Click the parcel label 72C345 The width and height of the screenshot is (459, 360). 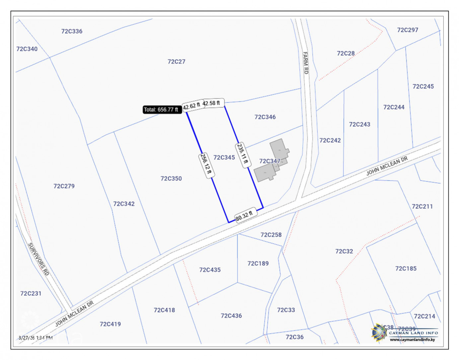(224, 157)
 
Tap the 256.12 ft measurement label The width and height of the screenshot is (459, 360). (206, 165)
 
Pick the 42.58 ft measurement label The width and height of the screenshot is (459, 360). (211, 103)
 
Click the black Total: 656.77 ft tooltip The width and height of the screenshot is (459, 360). (161, 110)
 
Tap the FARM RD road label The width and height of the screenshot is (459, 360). (305, 63)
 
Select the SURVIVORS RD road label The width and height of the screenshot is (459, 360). (38, 259)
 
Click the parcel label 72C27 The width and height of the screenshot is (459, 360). (176, 62)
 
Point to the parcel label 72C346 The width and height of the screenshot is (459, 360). (265, 117)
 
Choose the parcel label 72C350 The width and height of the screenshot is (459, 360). (171, 179)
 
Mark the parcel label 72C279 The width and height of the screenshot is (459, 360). (64, 186)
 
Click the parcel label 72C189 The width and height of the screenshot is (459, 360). (258, 264)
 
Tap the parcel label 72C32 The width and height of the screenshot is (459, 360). (344, 251)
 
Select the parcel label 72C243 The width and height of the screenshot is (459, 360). (359, 125)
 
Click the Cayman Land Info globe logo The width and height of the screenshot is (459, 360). (379, 332)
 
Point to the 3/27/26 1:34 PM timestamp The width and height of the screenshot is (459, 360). (36, 338)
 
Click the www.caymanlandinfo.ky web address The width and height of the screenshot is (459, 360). (412, 340)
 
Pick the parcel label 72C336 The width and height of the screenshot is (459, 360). (72, 32)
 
